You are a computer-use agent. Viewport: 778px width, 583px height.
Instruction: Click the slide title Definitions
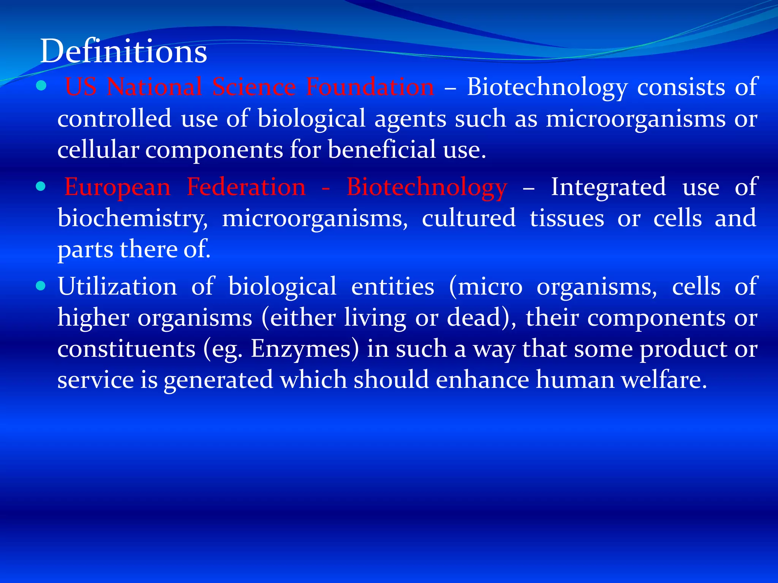(123, 51)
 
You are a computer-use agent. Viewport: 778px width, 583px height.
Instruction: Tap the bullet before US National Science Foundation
(41, 86)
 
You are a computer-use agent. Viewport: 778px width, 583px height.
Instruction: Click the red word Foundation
(370, 87)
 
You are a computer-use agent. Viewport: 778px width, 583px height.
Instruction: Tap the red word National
(154, 87)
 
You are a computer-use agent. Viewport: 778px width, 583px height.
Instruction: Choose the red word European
(117, 187)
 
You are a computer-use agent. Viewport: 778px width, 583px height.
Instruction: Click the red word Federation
(246, 187)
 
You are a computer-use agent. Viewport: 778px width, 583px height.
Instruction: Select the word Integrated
(608, 187)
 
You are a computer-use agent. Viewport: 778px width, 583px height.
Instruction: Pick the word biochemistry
(133, 219)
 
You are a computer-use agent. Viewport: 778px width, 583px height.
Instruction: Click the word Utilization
(117, 286)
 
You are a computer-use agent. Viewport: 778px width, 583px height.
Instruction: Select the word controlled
(114, 118)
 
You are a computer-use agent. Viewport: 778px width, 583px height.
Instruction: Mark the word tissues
(567, 218)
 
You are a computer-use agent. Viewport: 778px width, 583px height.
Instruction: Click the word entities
(392, 286)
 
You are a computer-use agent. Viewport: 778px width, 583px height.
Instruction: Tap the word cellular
(98, 149)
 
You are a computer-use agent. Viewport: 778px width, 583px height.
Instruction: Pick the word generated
(218, 380)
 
